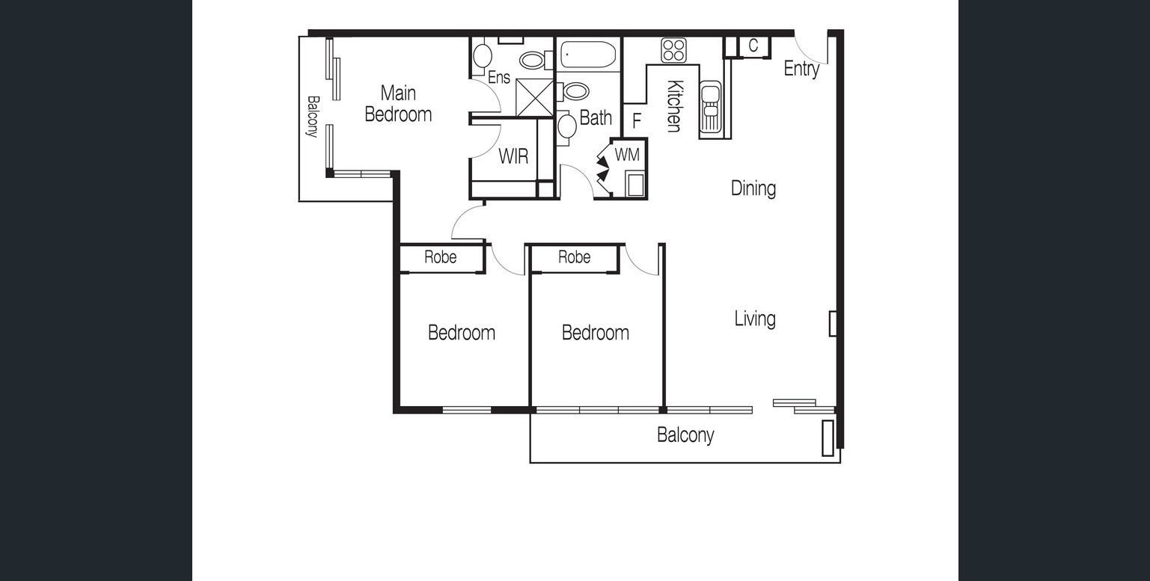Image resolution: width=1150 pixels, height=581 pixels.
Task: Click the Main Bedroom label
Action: pos(398,104)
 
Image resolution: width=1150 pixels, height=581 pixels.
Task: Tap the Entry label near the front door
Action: pos(801,69)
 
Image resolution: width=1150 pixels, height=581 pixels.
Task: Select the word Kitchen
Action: pos(675,106)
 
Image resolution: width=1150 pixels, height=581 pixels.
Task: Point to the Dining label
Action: pos(753,188)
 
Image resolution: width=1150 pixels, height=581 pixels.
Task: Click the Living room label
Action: pos(755,319)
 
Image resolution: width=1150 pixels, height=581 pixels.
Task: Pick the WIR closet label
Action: pos(513,156)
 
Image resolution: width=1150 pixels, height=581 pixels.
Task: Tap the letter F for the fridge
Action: pos(637,120)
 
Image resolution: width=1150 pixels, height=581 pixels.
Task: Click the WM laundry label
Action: pos(627,155)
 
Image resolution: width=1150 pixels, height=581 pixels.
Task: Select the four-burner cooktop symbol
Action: pos(673,50)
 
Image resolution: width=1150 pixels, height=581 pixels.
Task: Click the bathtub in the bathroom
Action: pos(588,55)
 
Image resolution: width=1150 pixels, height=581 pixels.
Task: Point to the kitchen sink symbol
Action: pos(711,107)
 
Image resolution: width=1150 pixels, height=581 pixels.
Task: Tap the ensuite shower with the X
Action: pos(534,97)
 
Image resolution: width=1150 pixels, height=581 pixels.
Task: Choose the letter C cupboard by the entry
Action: pos(753,46)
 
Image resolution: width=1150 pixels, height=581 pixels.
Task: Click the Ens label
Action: pos(498,78)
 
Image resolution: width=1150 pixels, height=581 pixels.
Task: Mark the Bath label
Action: pos(596,117)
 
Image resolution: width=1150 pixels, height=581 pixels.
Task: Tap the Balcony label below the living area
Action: pos(685,435)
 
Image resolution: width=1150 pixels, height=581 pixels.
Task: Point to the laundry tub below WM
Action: pos(635,185)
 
